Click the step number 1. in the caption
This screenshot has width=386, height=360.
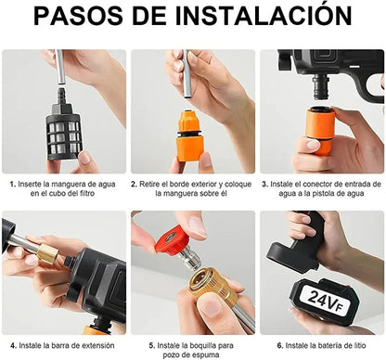[x=13, y=185]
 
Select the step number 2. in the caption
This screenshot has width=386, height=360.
[x=135, y=185]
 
